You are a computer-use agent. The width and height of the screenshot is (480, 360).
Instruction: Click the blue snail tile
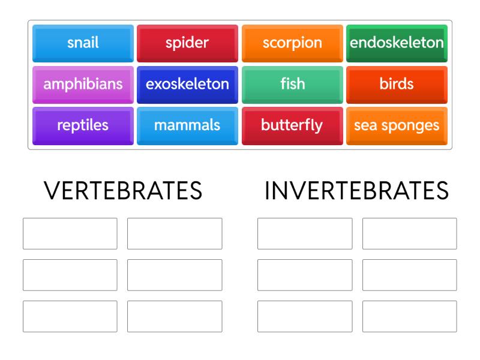(x=83, y=43)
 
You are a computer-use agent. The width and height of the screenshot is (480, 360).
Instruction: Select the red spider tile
(x=187, y=43)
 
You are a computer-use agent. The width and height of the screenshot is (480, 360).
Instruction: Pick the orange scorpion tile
(x=292, y=43)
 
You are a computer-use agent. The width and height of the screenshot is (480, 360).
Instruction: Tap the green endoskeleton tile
(x=397, y=43)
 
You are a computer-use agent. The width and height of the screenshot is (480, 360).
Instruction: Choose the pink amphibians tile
(x=83, y=85)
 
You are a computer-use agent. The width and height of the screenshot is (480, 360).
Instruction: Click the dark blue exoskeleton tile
(x=187, y=85)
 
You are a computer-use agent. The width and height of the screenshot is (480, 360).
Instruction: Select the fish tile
(x=292, y=85)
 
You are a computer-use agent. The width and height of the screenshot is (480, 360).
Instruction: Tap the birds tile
(x=397, y=85)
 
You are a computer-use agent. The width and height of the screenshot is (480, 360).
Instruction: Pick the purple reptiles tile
(x=83, y=126)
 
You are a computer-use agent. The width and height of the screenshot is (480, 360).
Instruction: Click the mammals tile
(x=187, y=126)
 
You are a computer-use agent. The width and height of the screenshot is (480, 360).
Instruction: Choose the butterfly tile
(x=292, y=126)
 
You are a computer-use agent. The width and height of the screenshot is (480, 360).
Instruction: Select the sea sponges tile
(x=397, y=126)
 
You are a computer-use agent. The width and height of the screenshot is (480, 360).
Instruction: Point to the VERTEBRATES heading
(x=123, y=191)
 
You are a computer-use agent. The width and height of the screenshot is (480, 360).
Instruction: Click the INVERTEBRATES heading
(x=356, y=191)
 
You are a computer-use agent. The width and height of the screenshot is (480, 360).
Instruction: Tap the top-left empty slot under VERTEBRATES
(x=70, y=233)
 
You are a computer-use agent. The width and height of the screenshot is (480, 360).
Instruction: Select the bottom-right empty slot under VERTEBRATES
(x=175, y=316)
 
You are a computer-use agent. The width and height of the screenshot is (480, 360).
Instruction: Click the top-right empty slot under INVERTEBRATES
(x=409, y=233)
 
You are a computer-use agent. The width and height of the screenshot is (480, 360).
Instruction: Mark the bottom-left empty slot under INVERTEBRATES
(x=305, y=316)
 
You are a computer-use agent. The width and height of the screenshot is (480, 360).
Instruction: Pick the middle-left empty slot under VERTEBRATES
(x=70, y=275)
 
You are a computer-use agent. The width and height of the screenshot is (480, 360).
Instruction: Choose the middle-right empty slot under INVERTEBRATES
(x=409, y=275)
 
